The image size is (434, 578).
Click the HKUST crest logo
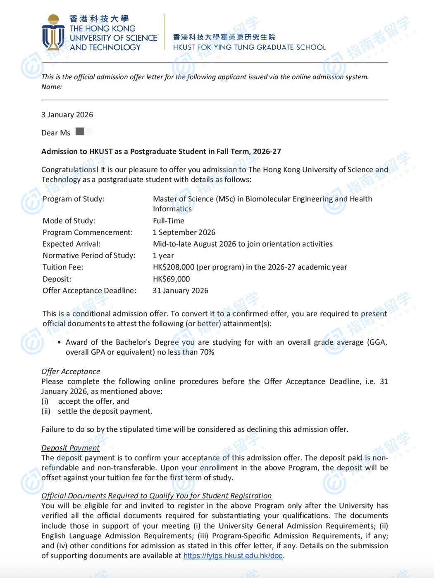coord(53,33)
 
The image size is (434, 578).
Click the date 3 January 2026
coord(67,115)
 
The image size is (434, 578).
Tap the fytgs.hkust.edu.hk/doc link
coord(233,556)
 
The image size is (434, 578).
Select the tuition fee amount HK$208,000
coord(174,267)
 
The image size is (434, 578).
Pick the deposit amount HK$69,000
coord(171,279)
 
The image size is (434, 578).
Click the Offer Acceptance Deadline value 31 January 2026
coord(180,291)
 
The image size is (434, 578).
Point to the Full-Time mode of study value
coord(169,221)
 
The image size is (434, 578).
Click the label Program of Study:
coord(73,199)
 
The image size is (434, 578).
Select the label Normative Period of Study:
coord(89,256)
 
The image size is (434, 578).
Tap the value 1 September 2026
coord(184,232)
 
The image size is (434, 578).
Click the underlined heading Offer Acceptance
coord(71,372)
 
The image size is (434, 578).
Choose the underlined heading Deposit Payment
coord(70,448)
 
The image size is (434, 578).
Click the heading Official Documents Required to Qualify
coord(156,496)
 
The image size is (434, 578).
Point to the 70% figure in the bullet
coord(207,352)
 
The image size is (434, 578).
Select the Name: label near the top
coord(52,87)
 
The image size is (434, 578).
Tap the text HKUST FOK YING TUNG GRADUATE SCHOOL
coord(249,47)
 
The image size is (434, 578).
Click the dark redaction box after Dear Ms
coord(80,131)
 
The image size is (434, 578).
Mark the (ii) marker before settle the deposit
coord(46,411)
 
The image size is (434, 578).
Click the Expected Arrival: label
coord(72,244)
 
